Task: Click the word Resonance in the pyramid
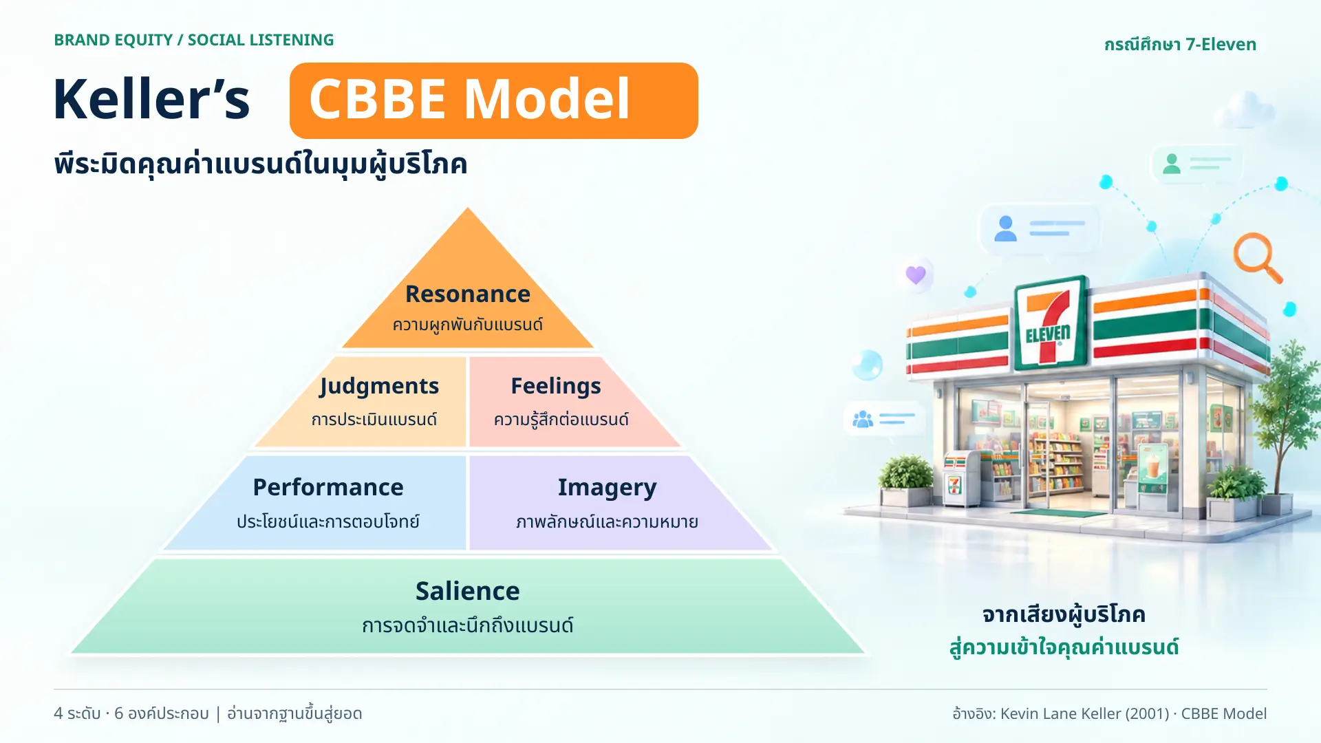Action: [x=468, y=294]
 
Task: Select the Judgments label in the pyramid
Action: [x=378, y=387]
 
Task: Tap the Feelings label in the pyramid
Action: [x=556, y=387]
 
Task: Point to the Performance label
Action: [x=328, y=487]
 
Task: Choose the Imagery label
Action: [x=607, y=488]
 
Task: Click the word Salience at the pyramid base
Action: [x=468, y=591]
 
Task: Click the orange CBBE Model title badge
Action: [x=494, y=100]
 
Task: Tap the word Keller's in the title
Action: [x=151, y=99]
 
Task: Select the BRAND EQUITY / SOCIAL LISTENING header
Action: [x=194, y=40]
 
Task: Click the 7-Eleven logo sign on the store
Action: [x=1049, y=322]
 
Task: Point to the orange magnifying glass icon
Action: [x=1257, y=257]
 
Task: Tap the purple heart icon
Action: [x=916, y=274]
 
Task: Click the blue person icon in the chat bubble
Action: [x=1005, y=228]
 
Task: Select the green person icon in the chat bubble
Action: [x=1172, y=164]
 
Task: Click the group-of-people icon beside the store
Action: [x=863, y=418]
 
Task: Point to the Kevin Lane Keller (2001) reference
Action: [x=1085, y=713]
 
